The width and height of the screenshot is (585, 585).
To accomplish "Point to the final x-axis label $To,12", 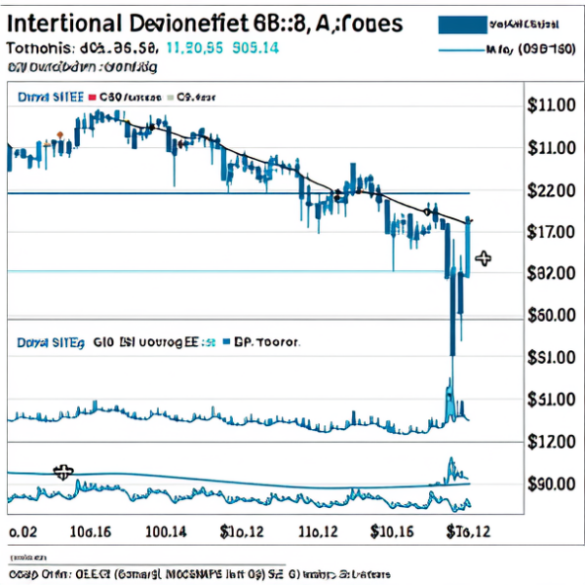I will (468, 531).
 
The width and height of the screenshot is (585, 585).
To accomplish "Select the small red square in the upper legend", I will (94, 97).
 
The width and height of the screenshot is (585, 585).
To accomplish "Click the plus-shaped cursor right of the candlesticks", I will (482, 258).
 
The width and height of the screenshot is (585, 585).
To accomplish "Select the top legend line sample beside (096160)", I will (468, 49).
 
